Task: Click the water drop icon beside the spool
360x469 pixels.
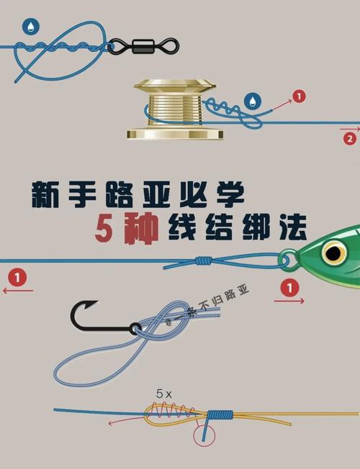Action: click(x=253, y=101)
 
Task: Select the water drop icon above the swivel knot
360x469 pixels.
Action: click(x=30, y=27)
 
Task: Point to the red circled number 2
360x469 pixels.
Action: click(x=350, y=139)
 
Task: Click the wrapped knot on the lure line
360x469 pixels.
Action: click(x=204, y=260)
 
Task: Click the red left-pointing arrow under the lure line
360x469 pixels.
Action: click(x=18, y=291)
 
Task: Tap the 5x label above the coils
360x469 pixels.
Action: click(x=164, y=394)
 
